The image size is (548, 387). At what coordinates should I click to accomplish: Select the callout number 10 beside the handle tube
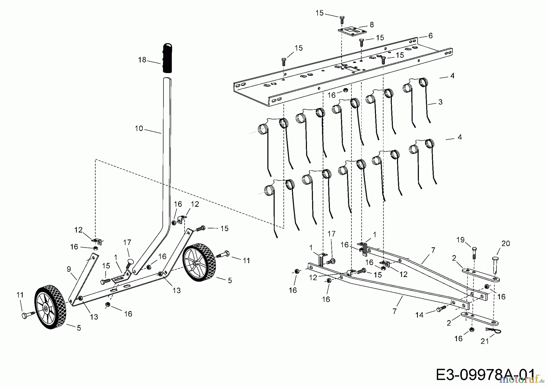coord(139,129)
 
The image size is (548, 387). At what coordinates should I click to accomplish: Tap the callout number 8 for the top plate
coord(371,25)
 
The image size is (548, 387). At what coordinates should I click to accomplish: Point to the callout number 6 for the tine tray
coord(430,36)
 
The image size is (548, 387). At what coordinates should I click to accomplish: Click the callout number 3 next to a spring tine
coord(440,102)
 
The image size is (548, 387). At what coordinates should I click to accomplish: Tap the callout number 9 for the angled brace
coord(69,269)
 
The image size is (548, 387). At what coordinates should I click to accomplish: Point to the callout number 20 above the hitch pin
coord(505,244)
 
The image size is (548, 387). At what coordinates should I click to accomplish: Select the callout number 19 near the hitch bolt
coord(460,240)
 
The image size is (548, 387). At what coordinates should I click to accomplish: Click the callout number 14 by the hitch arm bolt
coord(419,315)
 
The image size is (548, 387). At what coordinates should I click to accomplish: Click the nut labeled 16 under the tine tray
coord(345,90)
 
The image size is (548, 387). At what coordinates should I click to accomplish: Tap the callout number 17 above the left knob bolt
coord(127,242)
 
